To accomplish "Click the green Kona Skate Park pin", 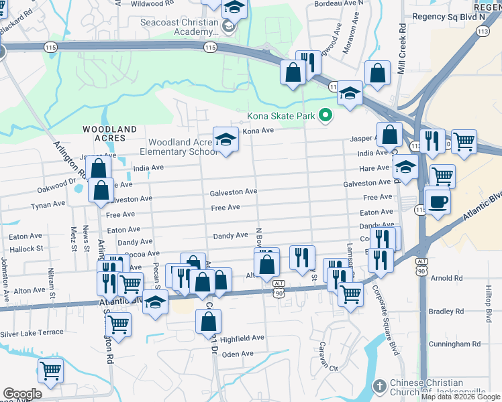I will (x=325, y=116).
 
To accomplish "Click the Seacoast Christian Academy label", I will (x=179, y=27).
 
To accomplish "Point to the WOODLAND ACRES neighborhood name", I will (x=109, y=133).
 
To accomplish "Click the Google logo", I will (x=23, y=394).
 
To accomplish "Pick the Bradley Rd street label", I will (x=446, y=312).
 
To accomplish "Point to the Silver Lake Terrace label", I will (x=32, y=333).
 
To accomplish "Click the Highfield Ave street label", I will (x=243, y=338).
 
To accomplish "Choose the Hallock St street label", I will (x=26, y=249).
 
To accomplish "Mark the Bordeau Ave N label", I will (x=339, y=3).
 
